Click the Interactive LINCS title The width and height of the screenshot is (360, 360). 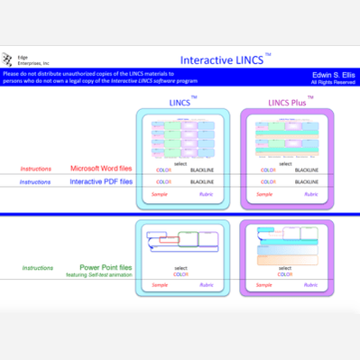point(222,60)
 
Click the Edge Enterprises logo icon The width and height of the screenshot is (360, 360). point(10,60)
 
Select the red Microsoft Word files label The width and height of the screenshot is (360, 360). point(101,169)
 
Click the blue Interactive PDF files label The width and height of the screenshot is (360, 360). point(101,181)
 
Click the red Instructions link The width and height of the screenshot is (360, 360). point(37,169)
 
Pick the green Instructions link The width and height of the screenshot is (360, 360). point(37,268)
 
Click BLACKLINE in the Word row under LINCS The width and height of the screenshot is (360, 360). point(201,170)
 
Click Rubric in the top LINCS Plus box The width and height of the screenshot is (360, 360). point(310,194)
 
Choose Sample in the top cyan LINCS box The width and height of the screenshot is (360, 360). point(160,194)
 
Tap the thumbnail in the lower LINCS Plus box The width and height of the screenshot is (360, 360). point(287,240)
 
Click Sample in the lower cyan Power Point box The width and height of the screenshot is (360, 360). point(160,284)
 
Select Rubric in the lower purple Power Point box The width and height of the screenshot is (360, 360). point(310,284)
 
